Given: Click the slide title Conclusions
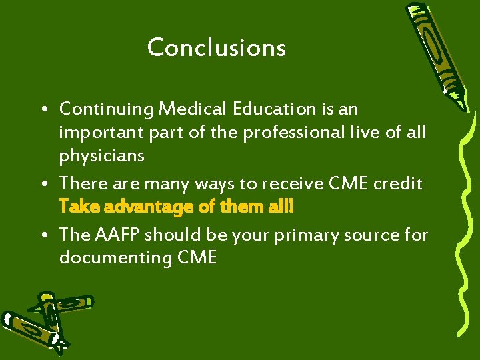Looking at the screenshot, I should pos(216,47).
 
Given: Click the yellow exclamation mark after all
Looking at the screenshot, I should pos(291,207).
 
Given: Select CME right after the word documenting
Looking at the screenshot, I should pos(197,258).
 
